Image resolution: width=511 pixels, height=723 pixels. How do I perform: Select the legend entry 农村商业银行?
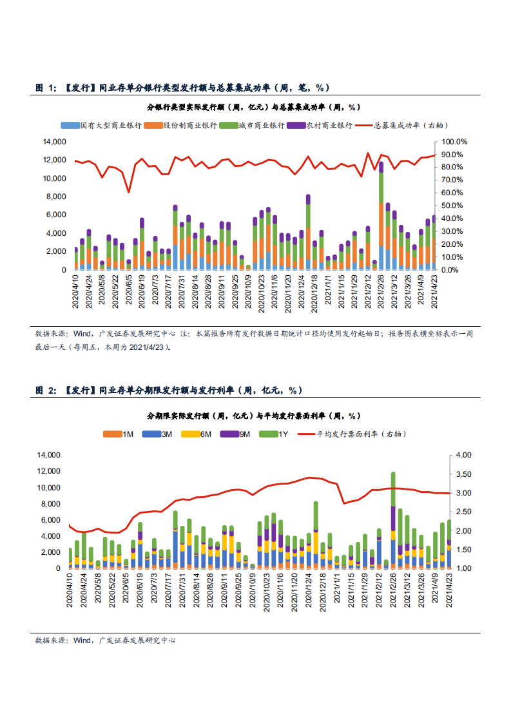[x=325, y=126]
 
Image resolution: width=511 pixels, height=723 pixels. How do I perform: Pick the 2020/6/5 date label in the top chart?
[x=129, y=292]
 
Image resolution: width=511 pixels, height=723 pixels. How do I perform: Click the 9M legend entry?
[x=238, y=434]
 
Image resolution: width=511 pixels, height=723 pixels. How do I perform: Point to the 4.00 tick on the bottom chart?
[x=463, y=455]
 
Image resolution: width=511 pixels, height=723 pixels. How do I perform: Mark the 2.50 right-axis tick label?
[x=463, y=512]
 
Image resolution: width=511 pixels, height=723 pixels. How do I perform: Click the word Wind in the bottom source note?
[x=82, y=641]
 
